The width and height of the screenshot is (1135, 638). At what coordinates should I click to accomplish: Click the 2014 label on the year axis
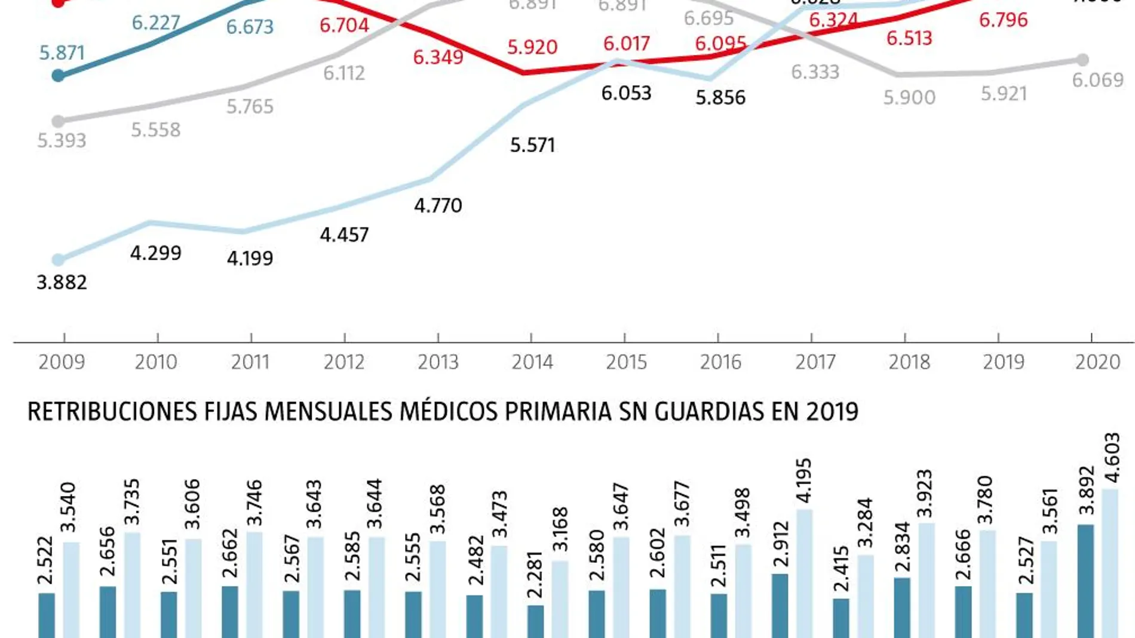[x=532, y=362]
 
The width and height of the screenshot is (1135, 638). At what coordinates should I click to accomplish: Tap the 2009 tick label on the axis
[x=62, y=362]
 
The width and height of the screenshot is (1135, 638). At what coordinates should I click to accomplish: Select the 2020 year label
[x=1097, y=362]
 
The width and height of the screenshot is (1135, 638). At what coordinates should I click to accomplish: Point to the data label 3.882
[x=62, y=282]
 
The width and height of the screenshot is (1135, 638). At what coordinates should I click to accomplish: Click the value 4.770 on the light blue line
[x=438, y=205]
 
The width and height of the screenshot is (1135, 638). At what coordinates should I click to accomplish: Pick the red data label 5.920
[x=532, y=47]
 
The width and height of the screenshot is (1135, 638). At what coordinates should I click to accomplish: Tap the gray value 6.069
[x=1097, y=80]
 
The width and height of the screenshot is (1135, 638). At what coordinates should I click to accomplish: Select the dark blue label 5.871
[x=62, y=53]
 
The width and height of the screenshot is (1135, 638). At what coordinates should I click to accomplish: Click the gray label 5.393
[x=62, y=141]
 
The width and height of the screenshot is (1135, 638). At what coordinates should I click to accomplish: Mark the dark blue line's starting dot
[x=58, y=76]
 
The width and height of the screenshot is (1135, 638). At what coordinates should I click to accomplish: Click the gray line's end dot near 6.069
[x=1082, y=60]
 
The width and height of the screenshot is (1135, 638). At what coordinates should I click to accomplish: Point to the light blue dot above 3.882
[x=58, y=260]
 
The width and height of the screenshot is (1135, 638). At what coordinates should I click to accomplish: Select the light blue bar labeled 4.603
[x=1110, y=564]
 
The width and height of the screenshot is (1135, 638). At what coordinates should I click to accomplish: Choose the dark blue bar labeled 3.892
[x=1085, y=582]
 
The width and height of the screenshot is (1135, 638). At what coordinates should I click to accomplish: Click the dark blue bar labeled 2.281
[x=535, y=622]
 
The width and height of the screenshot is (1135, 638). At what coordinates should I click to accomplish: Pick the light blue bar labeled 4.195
[x=804, y=573]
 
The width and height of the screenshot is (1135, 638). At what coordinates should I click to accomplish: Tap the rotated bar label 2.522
[x=45, y=560]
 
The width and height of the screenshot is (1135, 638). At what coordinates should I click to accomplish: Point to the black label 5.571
[x=532, y=145]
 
